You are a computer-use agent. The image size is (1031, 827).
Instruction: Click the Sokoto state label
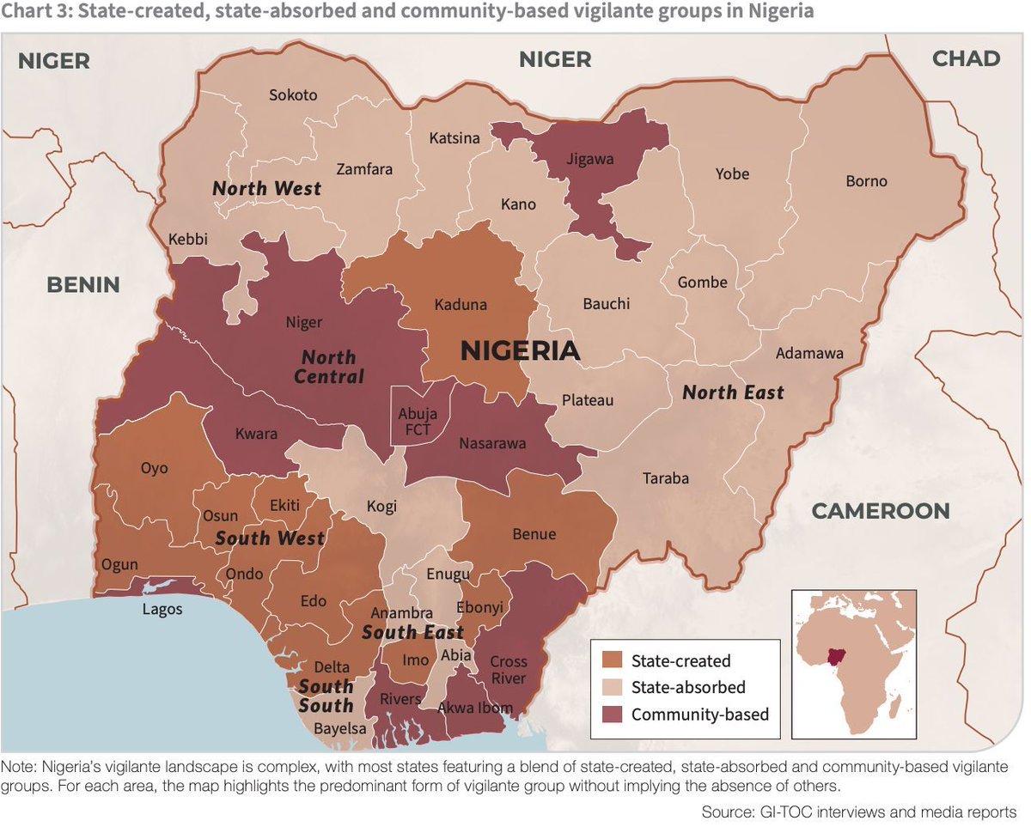pyautogui.click(x=293, y=95)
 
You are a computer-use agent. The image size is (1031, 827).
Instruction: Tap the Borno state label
pyautogui.click(x=866, y=181)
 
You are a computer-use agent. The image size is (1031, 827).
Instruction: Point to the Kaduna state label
pyautogui.click(x=461, y=305)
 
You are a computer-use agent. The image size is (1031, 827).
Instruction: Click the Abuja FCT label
pyautogui.click(x=418, y=421)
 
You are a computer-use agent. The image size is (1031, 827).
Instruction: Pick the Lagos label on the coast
pyautogui.click(x=162, y=609)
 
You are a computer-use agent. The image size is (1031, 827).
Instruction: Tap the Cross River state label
pyautogui.click(x=509, y=670)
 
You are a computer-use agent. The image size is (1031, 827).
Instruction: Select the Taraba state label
pyautogui.click(x=666, y=478)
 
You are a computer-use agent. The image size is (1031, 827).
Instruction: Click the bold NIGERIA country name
pyautogui.click(x=520, y=350)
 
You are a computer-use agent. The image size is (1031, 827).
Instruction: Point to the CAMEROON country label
pyautogui.click(x=881, y=511)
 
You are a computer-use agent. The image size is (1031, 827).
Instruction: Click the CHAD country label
pyautogui.click(x=967, y=58)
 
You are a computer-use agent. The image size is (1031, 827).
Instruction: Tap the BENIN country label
pyautogui.click(x=83, y=285)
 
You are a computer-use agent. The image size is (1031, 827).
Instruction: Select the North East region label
pyautogui.click(x=733, y=392)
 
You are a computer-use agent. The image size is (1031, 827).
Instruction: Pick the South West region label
pyautogui.click(x=270, y=538)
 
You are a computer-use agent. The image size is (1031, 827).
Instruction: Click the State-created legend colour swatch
pyautogui.click(x=613, y=661)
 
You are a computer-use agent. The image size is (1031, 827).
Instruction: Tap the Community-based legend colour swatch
pyautogui.click(x=613, y=715)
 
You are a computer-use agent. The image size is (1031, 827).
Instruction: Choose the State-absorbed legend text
pyautogui.click(x=687, y=688)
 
